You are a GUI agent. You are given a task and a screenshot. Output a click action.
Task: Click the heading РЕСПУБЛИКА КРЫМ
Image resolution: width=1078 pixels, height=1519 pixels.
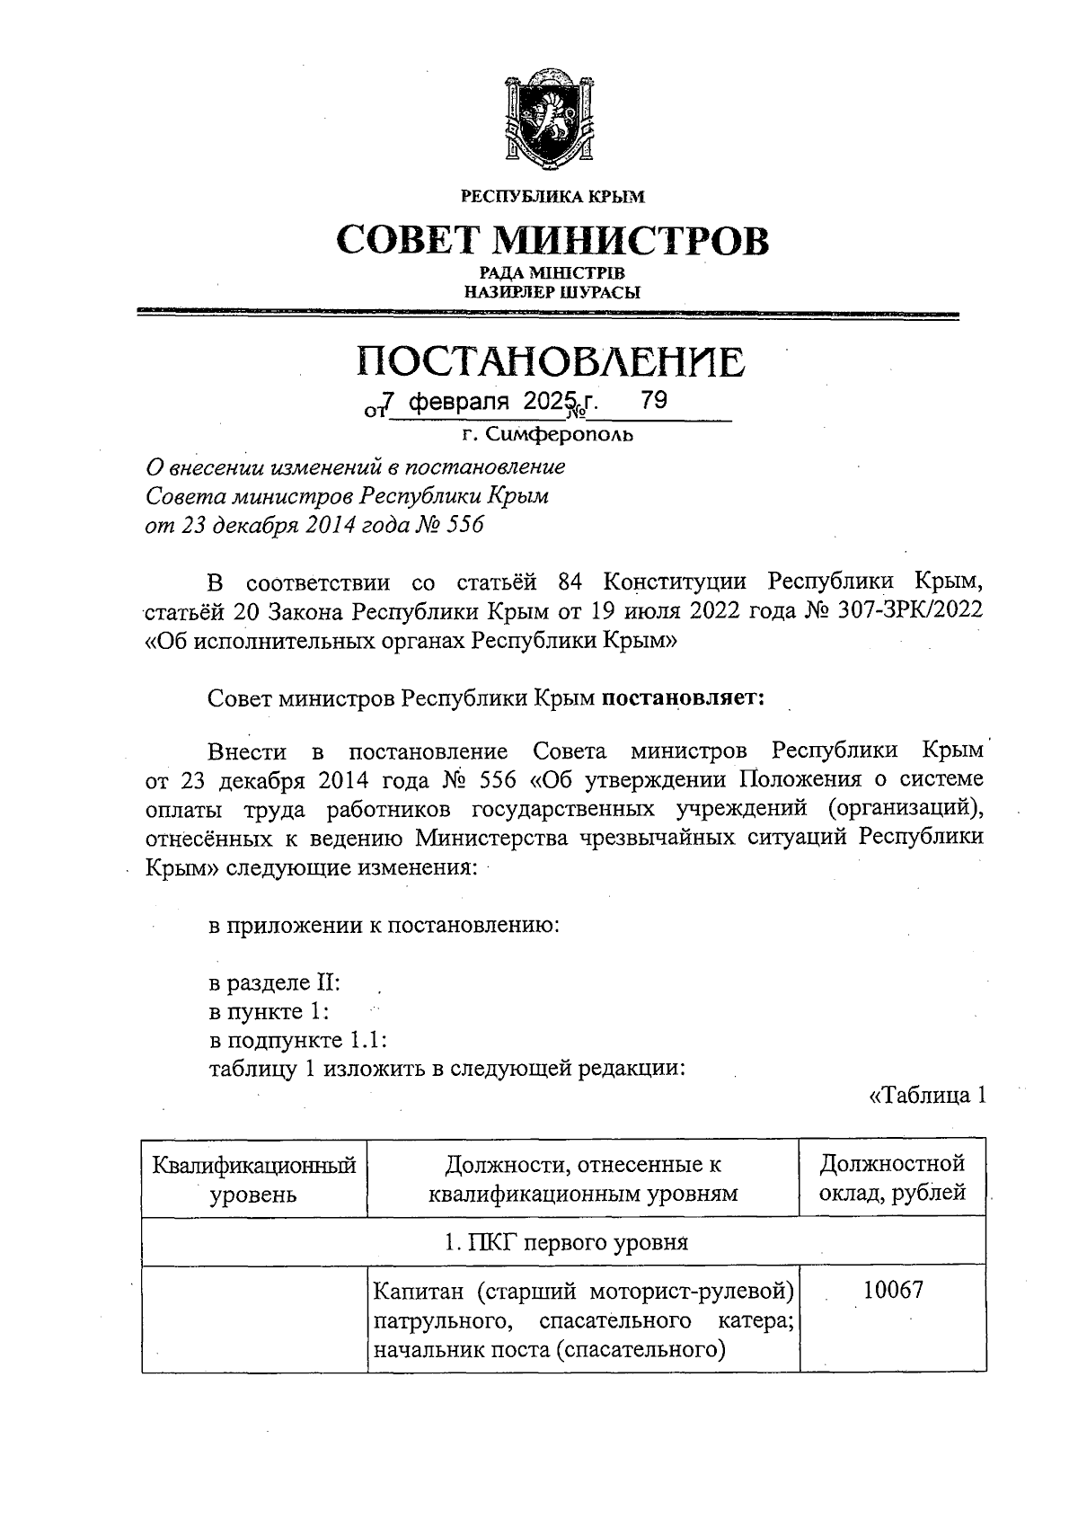(x=552, y=196)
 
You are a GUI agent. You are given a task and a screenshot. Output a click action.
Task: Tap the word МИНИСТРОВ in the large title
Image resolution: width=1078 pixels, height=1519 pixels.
(x=633, y=241)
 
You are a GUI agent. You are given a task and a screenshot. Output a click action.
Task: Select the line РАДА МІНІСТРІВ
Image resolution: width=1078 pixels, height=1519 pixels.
(x=552, y=273)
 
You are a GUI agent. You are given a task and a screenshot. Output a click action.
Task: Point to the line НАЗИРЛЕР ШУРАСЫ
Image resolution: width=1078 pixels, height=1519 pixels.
(x=552, y=291)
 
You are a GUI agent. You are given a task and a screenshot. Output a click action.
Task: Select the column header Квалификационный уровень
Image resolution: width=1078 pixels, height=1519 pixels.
(x=254, y=1179)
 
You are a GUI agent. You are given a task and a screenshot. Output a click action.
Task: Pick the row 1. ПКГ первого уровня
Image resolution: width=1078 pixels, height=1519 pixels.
(x=566, y=1242)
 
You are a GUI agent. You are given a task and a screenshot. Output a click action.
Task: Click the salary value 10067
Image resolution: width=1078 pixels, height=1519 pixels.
(x=892, y=1292)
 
